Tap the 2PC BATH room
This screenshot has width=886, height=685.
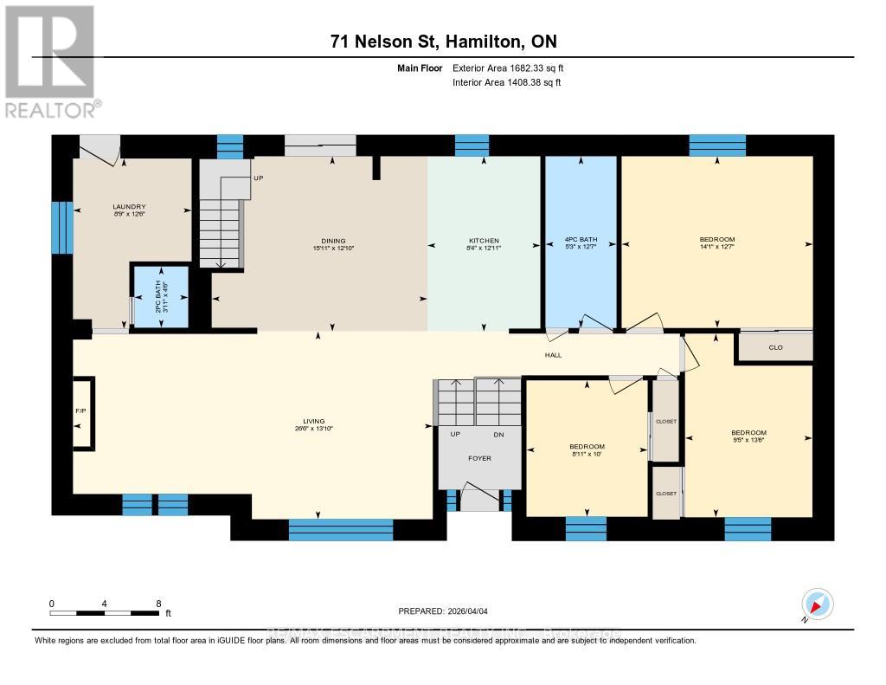pyautogui.click(x=159, y=297)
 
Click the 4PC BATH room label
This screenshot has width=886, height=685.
pyautogui.click(x=580, y=241)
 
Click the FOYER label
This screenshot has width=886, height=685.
pyautogui.click(x=479, y=458)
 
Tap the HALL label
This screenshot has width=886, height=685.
pyautogui.click(x=553, y=355)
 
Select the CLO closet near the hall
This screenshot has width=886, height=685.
pyautogui.click(x=775, y=347)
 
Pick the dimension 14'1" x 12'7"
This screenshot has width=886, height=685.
pyautogui.click(x=717, y=247)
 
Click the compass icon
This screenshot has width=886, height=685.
pyautogui.click(x=818, y=603)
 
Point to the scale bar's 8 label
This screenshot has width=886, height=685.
pyautogui.click(x=158, y=604)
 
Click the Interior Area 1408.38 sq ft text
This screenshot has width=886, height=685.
pyautogui.click(x=507, y=82)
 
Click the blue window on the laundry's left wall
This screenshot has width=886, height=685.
pyautogui.click(x=62, y=228)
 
